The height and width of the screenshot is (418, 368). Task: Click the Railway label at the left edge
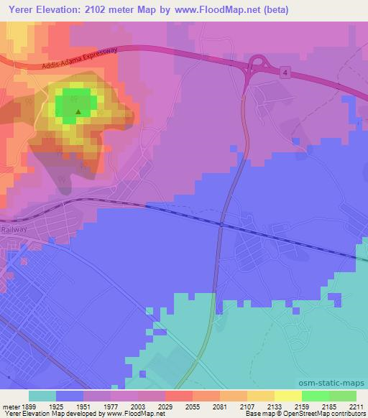(x=14, y=229)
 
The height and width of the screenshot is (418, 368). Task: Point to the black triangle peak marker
(x=78, y=111)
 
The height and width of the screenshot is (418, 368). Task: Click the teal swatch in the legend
(x=42, y=396)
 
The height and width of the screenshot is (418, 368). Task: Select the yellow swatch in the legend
(x=287, y=396)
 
